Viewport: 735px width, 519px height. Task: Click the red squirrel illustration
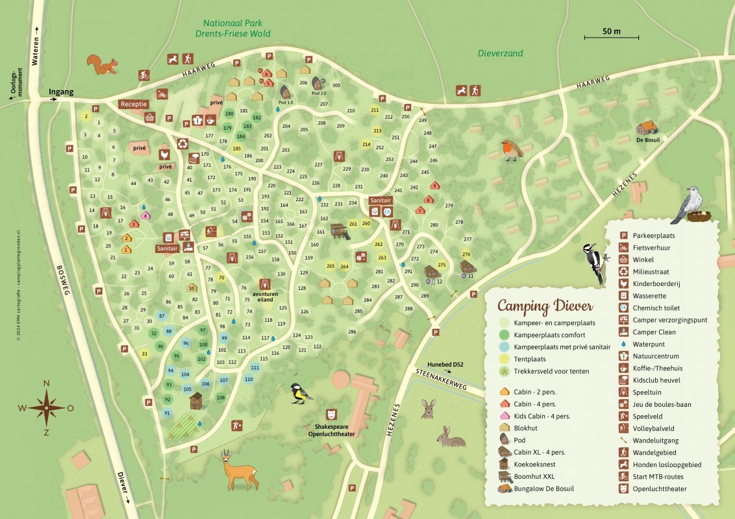tap(103, 64)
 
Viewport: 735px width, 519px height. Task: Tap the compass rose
tap(46, 408)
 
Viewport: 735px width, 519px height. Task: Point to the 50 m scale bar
tap(602, 36)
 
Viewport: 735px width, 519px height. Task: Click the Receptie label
tap(134, 104)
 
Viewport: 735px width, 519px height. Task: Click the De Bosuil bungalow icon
tap(647, 127)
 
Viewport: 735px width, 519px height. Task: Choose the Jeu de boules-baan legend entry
tap(661, 404)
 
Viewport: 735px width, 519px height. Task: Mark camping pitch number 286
tap(352, 332)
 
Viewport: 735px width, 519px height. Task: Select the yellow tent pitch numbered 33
tap(144, 354)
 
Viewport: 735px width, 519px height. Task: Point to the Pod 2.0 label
tap(319, 93)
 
